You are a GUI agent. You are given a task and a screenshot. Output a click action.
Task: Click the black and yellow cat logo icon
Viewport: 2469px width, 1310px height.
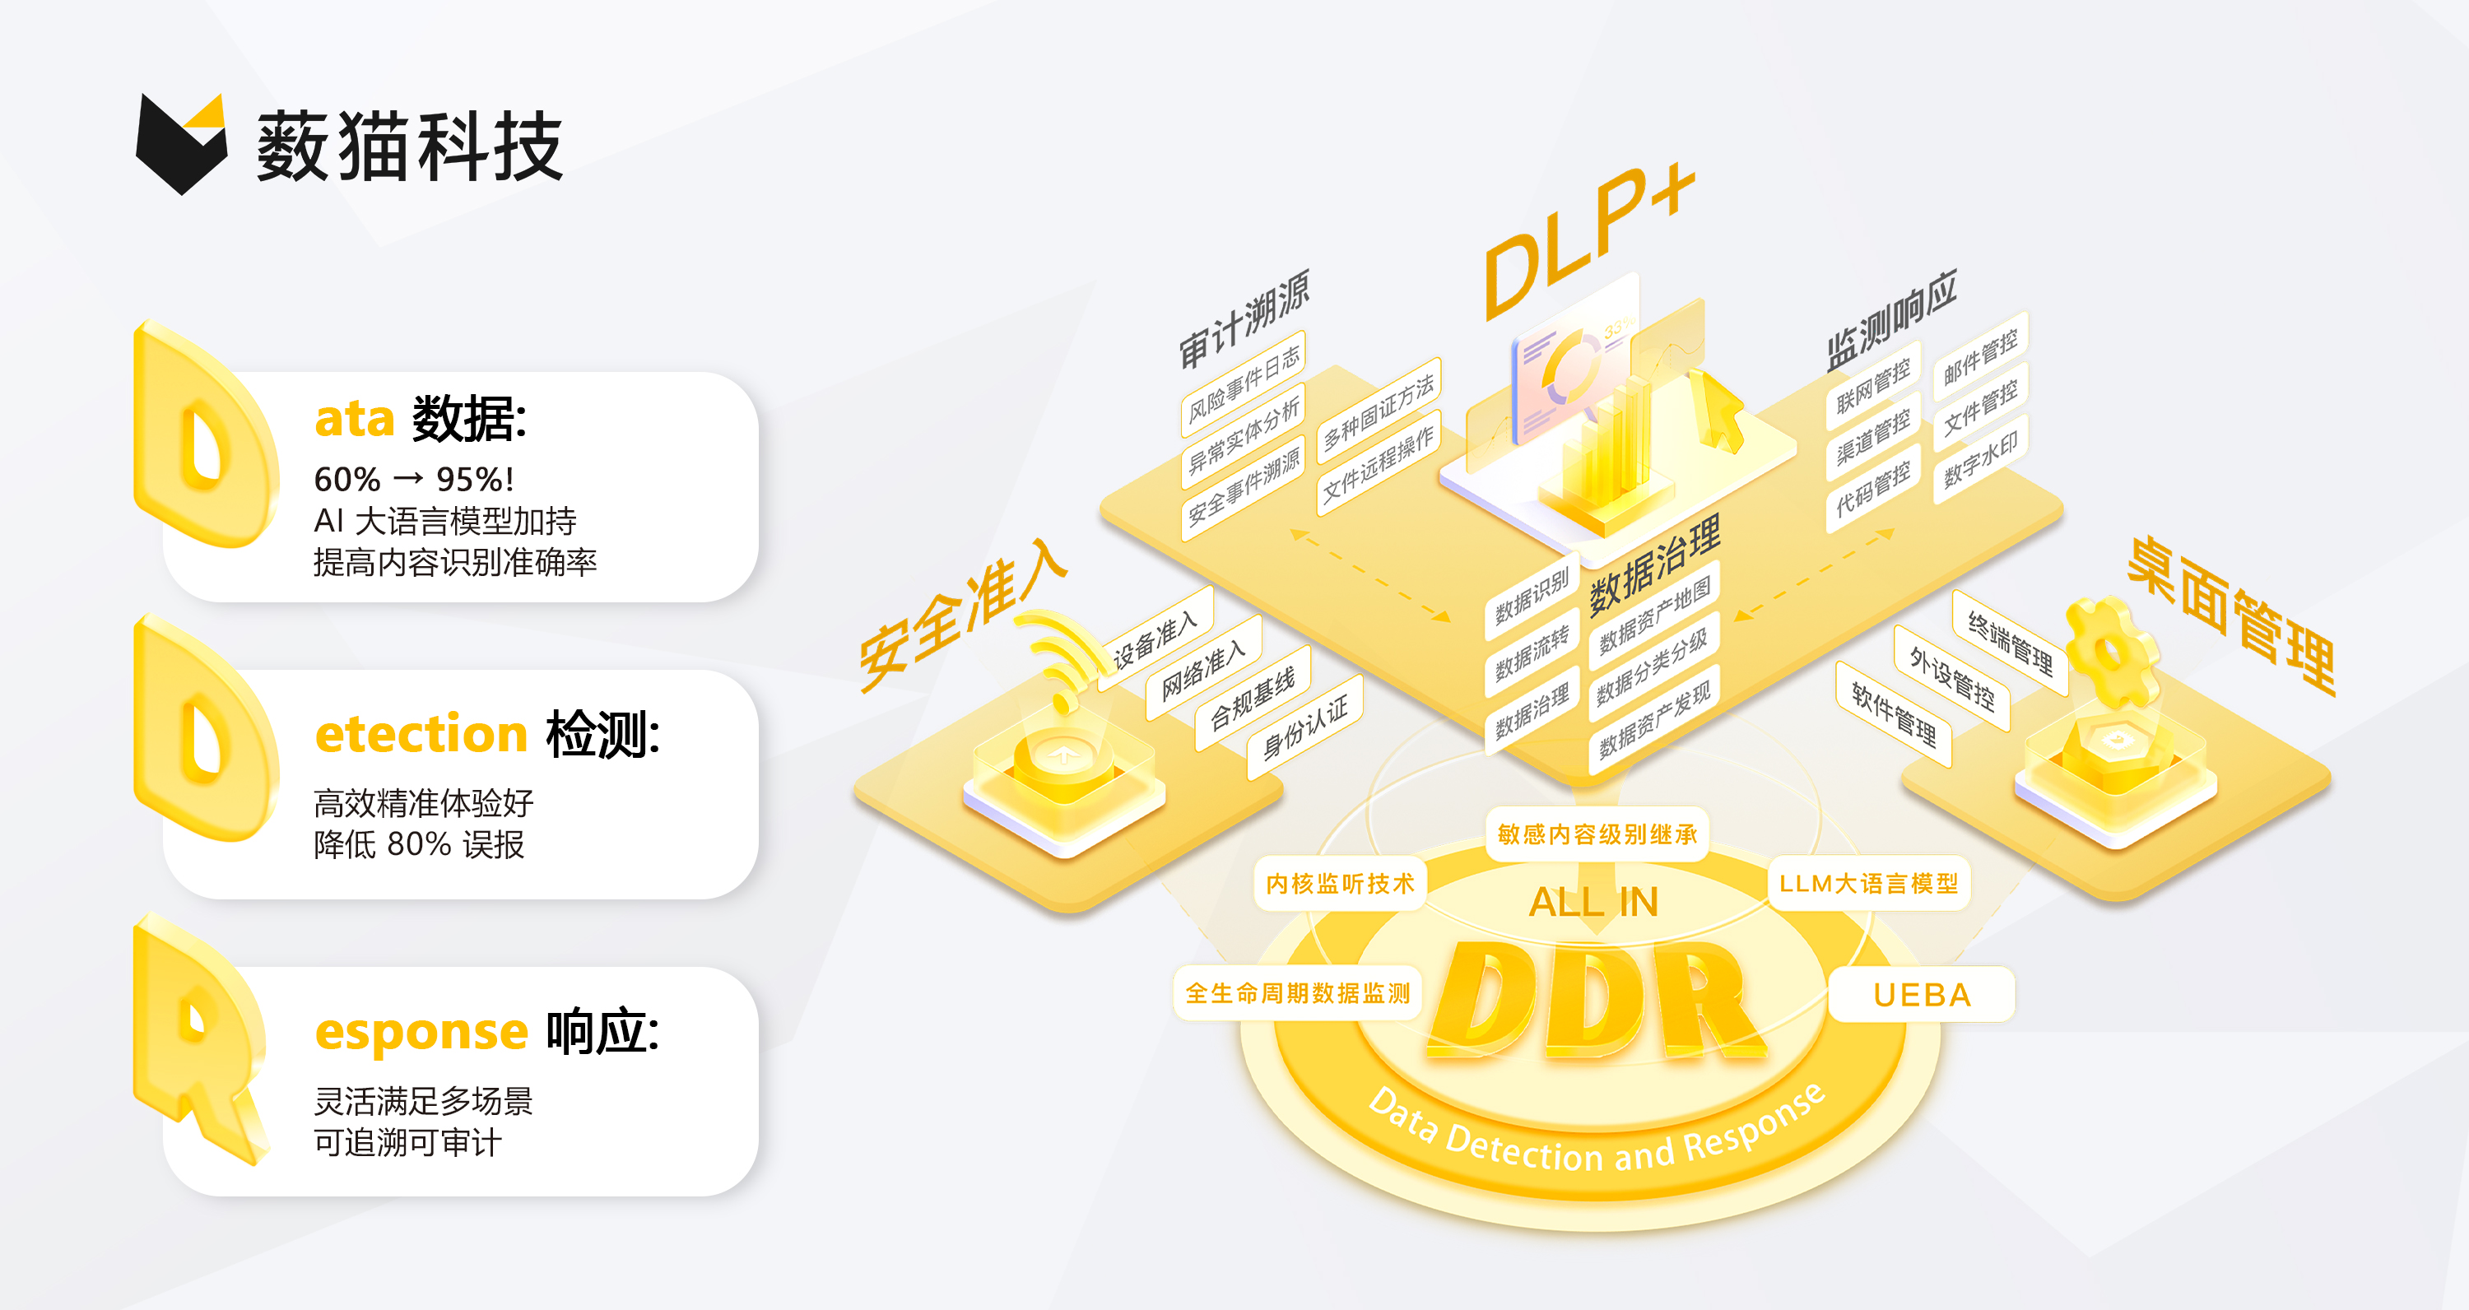coord(182,144)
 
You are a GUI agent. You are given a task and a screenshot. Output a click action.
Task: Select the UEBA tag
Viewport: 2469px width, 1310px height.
coord(1922,995)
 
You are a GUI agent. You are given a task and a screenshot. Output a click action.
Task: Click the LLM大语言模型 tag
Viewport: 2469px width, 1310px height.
coord(1868,884)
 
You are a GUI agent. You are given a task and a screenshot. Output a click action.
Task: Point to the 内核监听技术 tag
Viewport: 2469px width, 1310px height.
coord(1339,884)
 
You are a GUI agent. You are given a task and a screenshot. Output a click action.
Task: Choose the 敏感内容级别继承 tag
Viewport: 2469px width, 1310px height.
coord(1597,834)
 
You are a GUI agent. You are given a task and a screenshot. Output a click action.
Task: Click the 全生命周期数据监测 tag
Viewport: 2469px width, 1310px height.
coord(1298,993)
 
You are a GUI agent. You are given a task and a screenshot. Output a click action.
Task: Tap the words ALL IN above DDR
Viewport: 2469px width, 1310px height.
coord(1593,902)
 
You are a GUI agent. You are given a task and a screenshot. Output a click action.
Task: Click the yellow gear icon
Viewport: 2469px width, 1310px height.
coord(2112,653)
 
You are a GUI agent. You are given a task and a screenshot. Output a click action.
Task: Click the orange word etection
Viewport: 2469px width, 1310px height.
coord(421,734)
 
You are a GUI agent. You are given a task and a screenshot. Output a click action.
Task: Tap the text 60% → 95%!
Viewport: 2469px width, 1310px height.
coord(414,478)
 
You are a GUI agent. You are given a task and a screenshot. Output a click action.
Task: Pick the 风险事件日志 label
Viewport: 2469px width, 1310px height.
coord(1243,384)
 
